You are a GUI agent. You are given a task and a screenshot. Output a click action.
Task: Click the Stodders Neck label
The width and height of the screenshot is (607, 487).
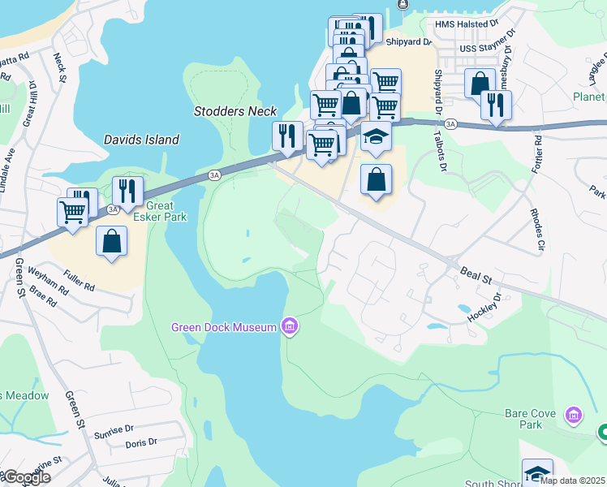tap(235, 111)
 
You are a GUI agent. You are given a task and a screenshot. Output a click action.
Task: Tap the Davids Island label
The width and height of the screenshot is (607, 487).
tap(141, 140)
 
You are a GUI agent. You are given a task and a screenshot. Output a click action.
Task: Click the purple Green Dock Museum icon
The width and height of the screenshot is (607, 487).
tap(290, 328)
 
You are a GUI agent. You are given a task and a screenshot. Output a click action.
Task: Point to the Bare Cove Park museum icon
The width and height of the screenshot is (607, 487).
tap(574, 416)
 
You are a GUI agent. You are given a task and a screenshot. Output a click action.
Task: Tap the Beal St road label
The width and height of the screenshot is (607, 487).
tap(476, 272)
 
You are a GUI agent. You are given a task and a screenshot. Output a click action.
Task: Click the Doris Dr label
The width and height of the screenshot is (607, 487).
tap(141, 443)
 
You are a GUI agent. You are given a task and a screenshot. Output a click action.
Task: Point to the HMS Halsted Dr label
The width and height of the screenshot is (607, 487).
tap(467, 24)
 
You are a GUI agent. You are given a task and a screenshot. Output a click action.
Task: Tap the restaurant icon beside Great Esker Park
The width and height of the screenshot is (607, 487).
tap(127, 192)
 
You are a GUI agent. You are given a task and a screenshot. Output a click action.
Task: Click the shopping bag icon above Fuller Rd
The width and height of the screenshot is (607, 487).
tap(111, 241)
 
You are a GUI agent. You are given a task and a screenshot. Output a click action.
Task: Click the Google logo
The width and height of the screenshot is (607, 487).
tap(26, 477)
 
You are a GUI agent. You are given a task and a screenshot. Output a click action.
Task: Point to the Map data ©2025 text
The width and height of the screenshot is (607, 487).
tap(572, 481)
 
